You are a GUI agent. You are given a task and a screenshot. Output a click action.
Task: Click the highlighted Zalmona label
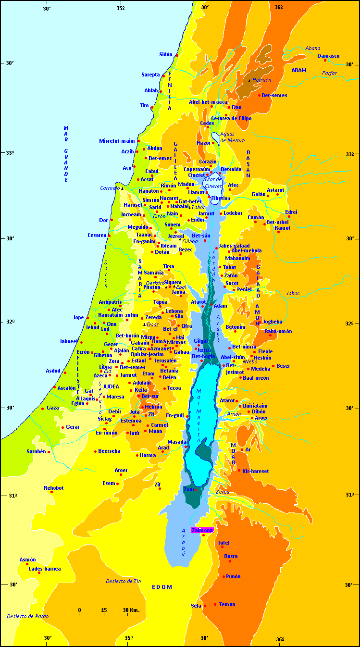(202, 530)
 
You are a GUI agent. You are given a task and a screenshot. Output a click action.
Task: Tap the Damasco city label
(328, 56)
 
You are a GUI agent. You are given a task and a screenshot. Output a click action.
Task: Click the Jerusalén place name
(165, 361)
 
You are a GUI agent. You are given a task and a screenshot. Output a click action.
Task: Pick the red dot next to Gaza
(43, 409)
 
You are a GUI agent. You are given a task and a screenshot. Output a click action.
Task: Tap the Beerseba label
(109, 451)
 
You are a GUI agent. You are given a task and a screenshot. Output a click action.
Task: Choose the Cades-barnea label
(45, 569)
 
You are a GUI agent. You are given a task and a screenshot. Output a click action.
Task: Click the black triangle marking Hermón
(249, 81)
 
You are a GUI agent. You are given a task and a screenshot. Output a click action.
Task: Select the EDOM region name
(161, 587)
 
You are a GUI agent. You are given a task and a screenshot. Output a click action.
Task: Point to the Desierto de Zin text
(124, 581)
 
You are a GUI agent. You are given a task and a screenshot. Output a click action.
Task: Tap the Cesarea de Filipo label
(231, 118)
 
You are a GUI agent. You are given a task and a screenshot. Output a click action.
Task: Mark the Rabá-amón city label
(278, 331)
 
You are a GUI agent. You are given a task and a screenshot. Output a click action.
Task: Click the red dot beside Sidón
(177, 55)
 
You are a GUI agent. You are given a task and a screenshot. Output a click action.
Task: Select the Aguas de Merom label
(233, 137)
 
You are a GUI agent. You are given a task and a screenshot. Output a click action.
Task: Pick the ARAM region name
(298, 70)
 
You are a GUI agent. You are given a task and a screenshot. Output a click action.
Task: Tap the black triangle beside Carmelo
(122, 188)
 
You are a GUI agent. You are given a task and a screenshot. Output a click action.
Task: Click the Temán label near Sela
(227, 604)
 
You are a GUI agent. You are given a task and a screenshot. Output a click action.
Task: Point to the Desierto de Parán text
(28, 616)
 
